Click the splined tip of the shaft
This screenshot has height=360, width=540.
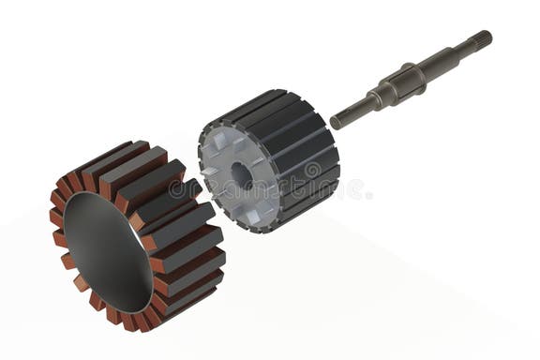coord(481,40)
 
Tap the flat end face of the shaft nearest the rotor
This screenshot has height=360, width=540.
coord(336,122)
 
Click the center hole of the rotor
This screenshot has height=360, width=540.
coord(241,174)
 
